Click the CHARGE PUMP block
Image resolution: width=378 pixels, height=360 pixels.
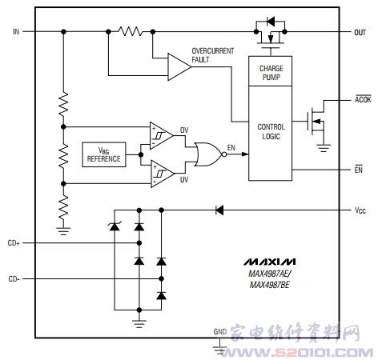coord(270,71)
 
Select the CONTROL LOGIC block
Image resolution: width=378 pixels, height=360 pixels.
coord(270,133)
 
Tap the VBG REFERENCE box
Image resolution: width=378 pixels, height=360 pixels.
coord(104,154)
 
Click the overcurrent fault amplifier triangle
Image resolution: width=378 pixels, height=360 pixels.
coord(179,66)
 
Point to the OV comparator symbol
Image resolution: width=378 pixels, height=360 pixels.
coord(161,135)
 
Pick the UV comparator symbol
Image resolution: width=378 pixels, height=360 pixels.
coord(162,174)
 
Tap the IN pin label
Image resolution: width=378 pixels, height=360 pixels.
coord(16,32)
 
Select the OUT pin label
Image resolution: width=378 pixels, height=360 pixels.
coord(360,33)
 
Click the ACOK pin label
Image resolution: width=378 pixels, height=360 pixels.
coord(363,99)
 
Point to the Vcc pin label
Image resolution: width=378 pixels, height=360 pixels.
coord(360,210)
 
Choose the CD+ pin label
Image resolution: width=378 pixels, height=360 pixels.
coord(14,243)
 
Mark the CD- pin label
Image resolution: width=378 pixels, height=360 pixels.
coord(14,279)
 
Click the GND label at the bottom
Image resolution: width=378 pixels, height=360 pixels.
coord(220,331)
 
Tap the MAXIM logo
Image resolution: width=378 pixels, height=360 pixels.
coord(269,262)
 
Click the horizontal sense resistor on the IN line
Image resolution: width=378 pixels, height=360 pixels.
coord(131,31)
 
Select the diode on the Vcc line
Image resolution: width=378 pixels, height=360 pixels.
coord(219,210)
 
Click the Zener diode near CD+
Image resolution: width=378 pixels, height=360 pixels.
coord(115,226)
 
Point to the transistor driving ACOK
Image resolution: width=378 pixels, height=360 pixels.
coord(316,122)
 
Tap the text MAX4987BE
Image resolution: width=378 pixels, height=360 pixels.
coord(269,285)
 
